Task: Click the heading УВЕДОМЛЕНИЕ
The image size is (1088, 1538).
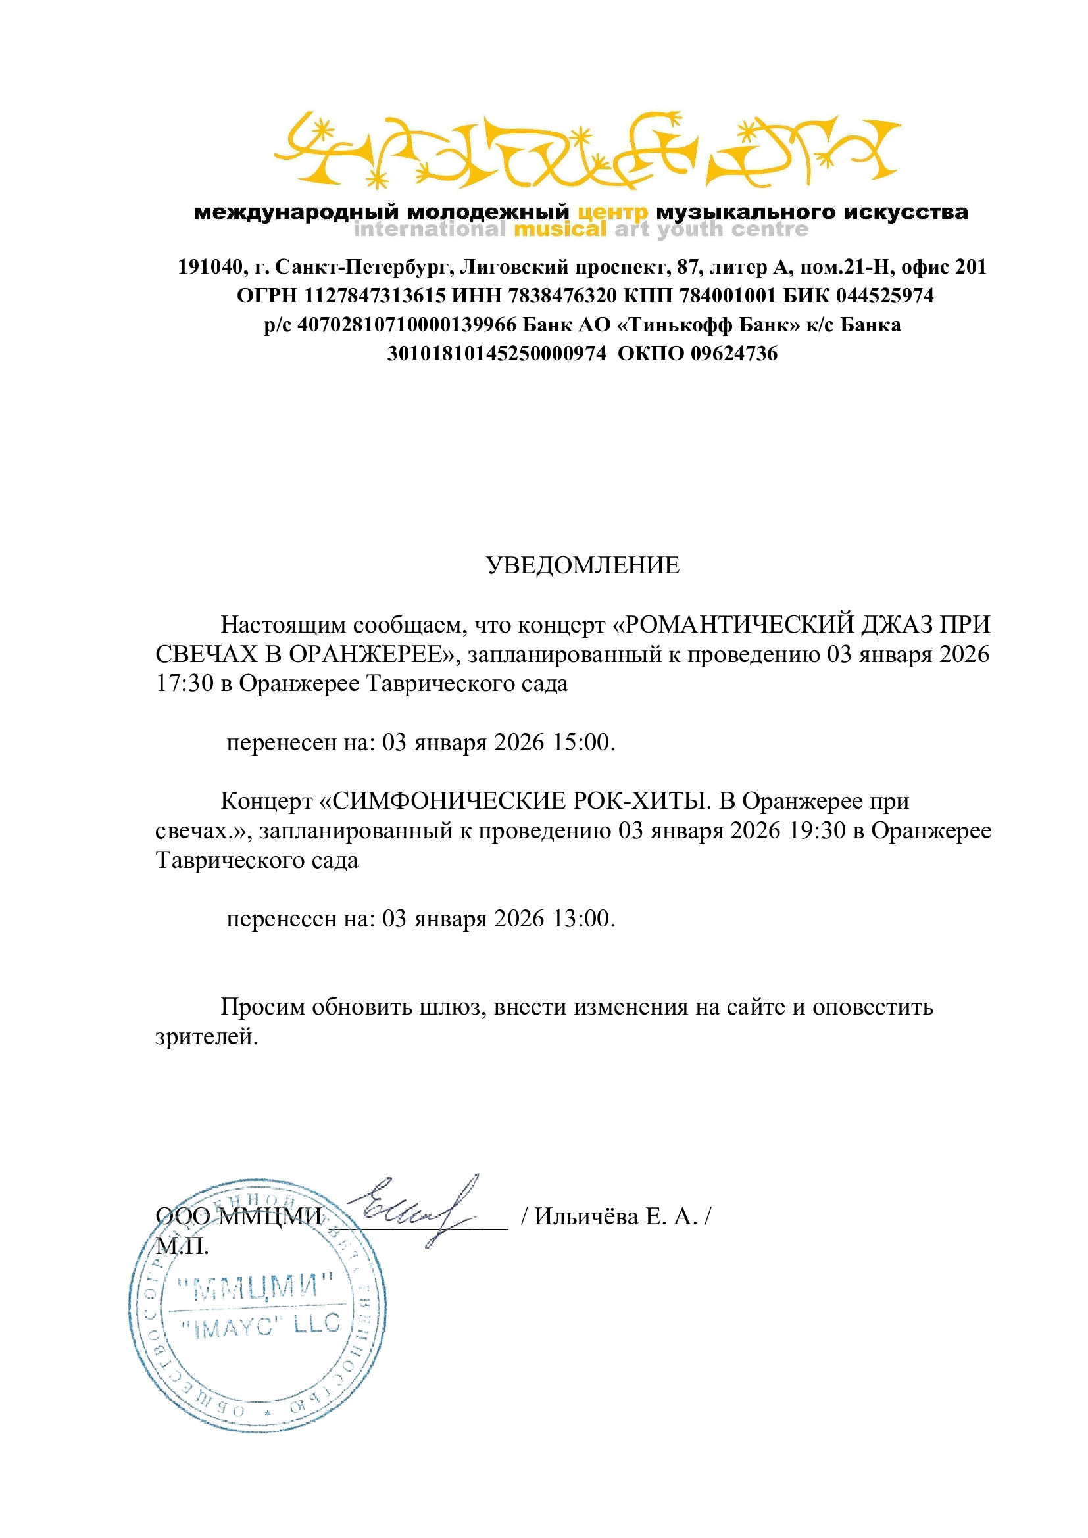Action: coord(582,566)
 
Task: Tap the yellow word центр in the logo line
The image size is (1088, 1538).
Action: coord(613,212)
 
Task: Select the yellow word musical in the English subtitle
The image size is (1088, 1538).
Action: coord(559,229)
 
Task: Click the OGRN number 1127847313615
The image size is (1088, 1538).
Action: coord(375,295)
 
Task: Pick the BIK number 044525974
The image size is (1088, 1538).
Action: coord(884,295)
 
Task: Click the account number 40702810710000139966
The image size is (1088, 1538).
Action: coord(407,325)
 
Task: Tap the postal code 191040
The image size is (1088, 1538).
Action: coord(210,267)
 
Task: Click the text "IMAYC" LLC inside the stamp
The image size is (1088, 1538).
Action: coord(261,1326)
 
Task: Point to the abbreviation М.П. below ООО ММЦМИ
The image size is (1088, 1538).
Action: coord(182,1246)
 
